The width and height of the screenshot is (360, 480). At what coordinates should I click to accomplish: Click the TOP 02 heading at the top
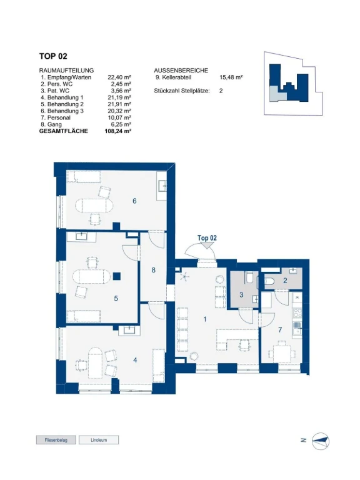click(x=53, y=56)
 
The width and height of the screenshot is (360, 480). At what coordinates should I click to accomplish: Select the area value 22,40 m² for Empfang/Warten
click(x=119, y=77)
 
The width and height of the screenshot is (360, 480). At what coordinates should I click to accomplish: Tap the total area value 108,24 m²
click(x=118, y=131)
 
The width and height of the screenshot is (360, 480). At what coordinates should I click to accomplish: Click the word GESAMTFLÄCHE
click(x=64, y=131)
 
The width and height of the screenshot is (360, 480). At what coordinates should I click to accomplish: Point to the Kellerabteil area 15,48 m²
click(x=231, y=77)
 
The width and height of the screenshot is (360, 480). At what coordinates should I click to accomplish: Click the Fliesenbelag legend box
click(x=56, y=440)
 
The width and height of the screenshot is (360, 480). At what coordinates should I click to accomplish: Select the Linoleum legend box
click(x=99, y=440)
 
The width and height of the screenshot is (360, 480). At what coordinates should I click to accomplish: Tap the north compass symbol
click(x=320, y=441)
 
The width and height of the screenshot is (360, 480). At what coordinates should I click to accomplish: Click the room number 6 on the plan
click(x=134, y=201)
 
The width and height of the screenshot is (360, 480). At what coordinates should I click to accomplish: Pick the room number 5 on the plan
click(x=116, y=298)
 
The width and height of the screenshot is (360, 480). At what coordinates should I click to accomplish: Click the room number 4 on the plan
click(x=135, y=360)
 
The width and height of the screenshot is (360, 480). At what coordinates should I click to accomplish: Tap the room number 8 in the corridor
click(x=153, y=270)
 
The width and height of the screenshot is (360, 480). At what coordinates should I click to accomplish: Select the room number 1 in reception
click(x=205, y=319)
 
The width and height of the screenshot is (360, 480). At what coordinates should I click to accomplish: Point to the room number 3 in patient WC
click(x=241, y=295)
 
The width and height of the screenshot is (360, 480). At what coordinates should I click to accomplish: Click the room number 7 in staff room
click(x=280, y=330)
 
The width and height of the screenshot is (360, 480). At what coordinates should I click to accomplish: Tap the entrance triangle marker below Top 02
click(x=207, y=245)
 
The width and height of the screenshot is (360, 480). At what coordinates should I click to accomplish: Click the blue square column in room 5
click(x=117, y=276)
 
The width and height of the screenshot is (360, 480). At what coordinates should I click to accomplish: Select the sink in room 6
click(x=162, y=186)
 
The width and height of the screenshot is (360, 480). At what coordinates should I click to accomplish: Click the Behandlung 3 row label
click(x=62, y=111)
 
